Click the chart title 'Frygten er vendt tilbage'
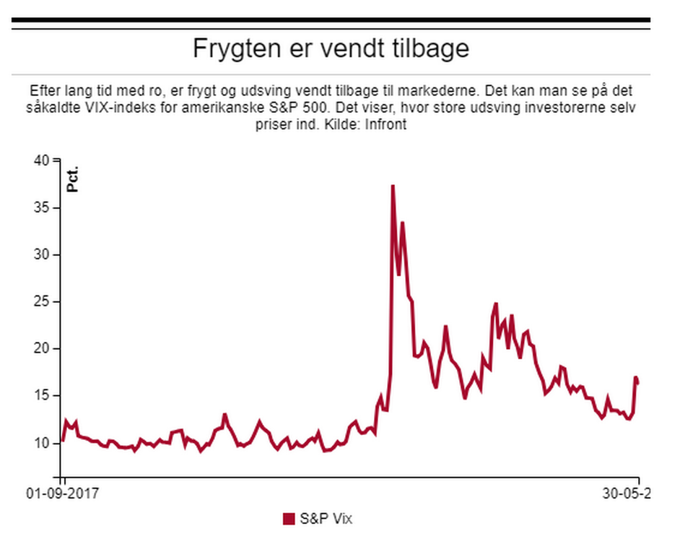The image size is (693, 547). pos(331,48)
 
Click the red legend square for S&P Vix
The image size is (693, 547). pos(289,519)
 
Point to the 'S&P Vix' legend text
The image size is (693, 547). pos(326,519)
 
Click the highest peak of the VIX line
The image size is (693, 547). pos(393,186)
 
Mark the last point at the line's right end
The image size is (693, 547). pos(638,383)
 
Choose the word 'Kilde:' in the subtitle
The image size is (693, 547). pos(346,124)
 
